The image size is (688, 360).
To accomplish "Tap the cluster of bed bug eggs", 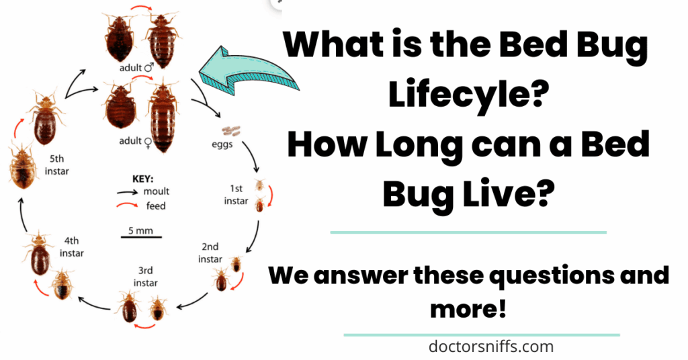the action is (231, 130).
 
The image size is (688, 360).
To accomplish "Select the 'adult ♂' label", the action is (136, 68).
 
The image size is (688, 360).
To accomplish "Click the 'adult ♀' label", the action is (136, 141).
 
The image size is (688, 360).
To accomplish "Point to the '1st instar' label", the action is (236, 195).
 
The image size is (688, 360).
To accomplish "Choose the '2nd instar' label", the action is (210, 253).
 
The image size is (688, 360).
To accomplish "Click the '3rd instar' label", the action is (146, 277).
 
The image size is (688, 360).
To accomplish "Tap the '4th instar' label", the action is (71, 247).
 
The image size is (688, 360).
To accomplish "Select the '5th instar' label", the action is (56, 165).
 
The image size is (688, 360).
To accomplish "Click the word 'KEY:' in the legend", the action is (142, 179).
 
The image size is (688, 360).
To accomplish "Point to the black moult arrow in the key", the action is (127, 192).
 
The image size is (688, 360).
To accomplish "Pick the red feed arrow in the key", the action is (127, 205).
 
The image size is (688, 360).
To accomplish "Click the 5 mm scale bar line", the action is (141, 237).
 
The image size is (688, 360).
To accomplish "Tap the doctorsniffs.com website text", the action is (491, 347).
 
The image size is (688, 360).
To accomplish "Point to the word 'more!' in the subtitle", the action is (468, 309).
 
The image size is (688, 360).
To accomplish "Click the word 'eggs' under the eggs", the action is (222, 144).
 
